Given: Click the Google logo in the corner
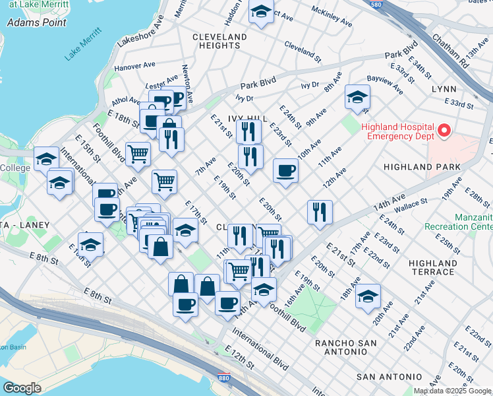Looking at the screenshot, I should click(22, 388).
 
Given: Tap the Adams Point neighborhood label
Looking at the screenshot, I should click(36, 22).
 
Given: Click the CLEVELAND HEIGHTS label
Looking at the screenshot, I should click(219, 41).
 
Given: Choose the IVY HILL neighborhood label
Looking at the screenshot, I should click(247, 118).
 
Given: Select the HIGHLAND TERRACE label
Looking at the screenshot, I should click(432, 267).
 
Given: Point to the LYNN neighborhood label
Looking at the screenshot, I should click(444, 88).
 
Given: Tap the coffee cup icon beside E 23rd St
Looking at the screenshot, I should click(285, 171).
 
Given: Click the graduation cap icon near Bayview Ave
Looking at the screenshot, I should click(357, 98).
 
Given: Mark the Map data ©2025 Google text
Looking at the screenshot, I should click(453, 391).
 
